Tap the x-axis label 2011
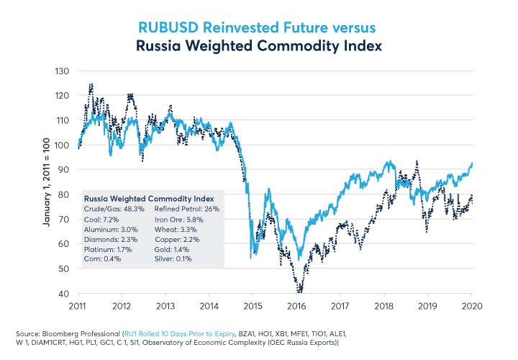pos(79,305)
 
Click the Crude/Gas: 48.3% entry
pos(109,208)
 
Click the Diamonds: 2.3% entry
pos(106,238)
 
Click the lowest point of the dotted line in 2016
pos(299,292)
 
